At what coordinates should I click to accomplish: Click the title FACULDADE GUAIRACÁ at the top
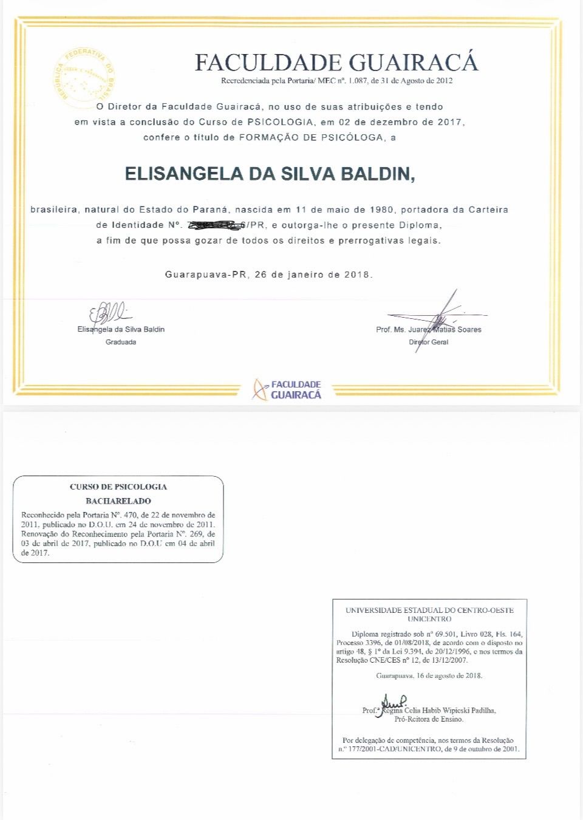336,63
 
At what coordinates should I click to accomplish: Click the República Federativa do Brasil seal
84,77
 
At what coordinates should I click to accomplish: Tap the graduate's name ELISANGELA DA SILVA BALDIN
270,174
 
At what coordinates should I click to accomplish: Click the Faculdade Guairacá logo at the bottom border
287,389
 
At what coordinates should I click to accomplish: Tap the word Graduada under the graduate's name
121,342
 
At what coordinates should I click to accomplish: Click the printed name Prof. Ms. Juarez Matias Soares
428,330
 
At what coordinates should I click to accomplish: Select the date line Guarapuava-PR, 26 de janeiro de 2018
268,275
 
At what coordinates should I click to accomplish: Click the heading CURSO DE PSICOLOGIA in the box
118,487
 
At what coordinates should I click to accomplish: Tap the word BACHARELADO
118,501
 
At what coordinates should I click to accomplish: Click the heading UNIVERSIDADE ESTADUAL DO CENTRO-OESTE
429,610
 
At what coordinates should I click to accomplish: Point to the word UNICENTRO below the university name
429,619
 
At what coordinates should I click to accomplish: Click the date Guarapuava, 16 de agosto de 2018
429,675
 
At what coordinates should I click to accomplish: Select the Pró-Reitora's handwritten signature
392,705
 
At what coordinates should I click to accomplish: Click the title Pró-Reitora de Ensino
429,719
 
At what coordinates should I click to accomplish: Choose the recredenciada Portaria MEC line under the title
336,81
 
